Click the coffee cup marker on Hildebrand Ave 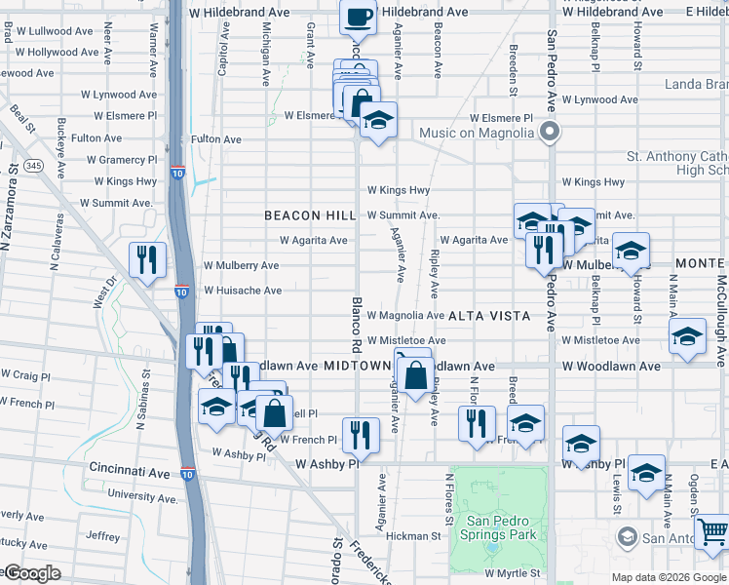tap(358, 17)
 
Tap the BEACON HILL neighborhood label tap(296, 215)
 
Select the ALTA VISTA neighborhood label tap(489, 316)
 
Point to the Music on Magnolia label tap(478, 133)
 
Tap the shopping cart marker tap(713, 531)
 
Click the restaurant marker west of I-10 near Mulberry tap(147, 259)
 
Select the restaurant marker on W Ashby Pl tap(361, 435)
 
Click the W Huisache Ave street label tap(243, 291)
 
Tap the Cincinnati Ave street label tap(130, 471)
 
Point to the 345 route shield tap(34, 166)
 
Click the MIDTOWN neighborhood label tap(358, 366)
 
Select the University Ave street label tap(143, 495)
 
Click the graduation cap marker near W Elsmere tap(378, 121)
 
